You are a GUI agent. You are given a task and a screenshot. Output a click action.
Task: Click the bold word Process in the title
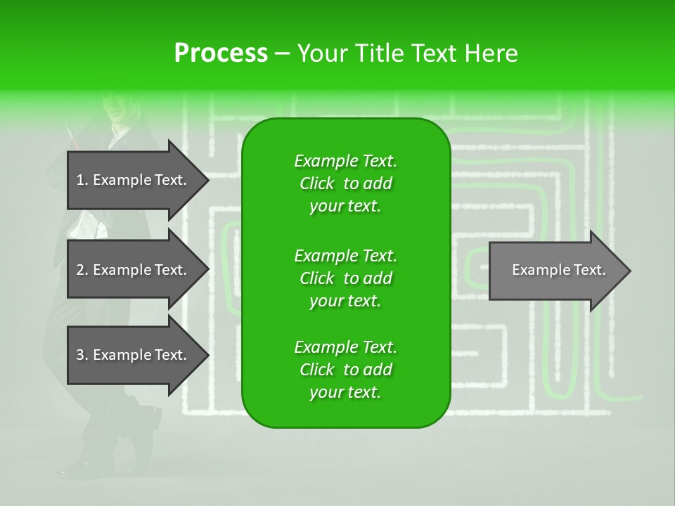click(221, 53)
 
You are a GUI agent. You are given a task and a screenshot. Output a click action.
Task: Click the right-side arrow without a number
click(555, 271)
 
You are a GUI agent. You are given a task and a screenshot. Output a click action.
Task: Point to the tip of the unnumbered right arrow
click(629, 271)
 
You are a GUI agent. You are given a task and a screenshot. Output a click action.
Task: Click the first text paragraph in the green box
click(345, 183)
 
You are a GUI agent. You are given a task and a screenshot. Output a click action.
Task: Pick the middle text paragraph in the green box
click(345, 278)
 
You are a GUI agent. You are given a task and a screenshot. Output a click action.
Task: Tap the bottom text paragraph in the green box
click(345, 370)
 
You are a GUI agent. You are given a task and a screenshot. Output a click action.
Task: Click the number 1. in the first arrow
click(82, 180)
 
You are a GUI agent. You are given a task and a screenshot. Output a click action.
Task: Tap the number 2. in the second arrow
click(82, 270)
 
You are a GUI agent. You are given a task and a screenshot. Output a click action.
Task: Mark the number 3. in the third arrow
click(82, 355)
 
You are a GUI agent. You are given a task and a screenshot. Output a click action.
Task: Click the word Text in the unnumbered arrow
click(590, 270)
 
